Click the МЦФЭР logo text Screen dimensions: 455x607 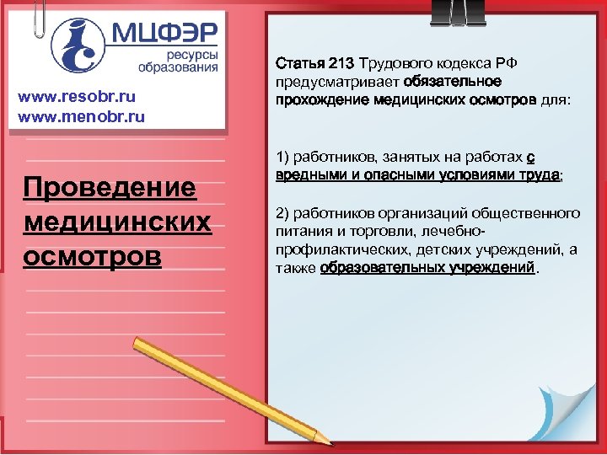[164, 35]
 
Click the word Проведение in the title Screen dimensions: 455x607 [110, 188]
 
